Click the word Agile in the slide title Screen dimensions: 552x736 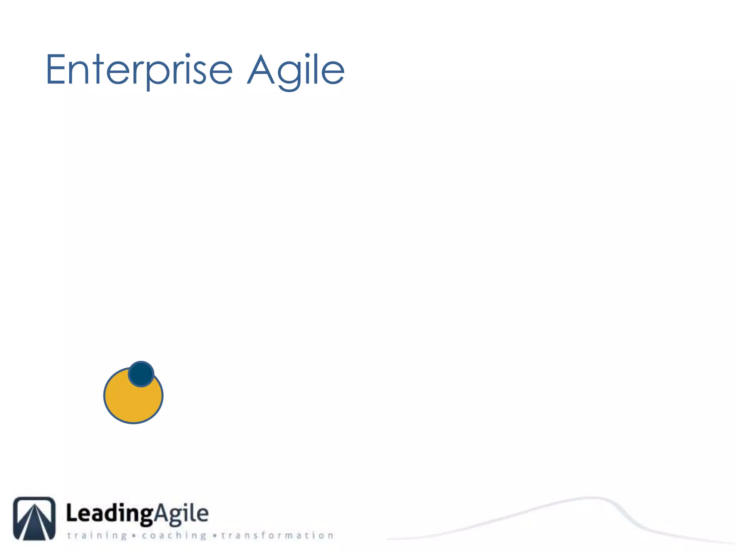click(296, 70)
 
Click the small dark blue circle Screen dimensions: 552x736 click(141, 374)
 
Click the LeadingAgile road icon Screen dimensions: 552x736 click(34, 518)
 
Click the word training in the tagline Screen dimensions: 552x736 click(97, 535)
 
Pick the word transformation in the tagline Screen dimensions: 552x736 click(277, 535)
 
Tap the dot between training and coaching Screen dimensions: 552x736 click(134, 536)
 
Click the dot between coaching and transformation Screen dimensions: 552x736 click(215, 536)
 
